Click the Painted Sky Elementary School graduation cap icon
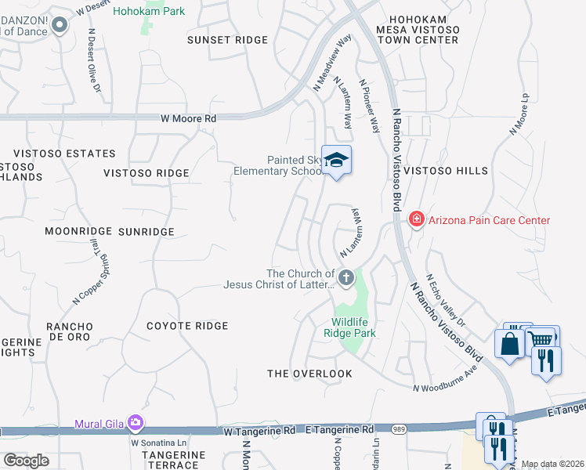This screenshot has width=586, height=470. (x=336, y=161)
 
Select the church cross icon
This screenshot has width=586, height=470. (x=345, y=277)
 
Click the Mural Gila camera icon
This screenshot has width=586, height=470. (x=136, y=424)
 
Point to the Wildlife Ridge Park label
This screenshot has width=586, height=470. (x=353, y=327)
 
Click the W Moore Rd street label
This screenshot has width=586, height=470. (x=188, y=119)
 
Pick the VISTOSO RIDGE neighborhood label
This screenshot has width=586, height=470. (x=147, y=173)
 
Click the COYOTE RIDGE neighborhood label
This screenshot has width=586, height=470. (x=187, y=326)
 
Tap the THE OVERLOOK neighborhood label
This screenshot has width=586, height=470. (x=309, y=374)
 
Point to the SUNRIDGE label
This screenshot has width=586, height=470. (x=146, y=232)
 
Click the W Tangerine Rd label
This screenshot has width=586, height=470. (x=259, y=430)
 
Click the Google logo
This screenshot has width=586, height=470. (x=27, y=461)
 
